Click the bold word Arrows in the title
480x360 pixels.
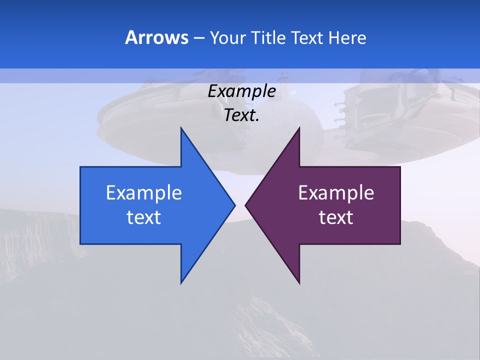click(156, 37)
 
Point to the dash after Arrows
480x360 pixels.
click(198, 38)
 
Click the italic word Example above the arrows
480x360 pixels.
click(241, 91)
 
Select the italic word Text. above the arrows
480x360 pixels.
click(241, 115)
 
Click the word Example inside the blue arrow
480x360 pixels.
click(143, 193)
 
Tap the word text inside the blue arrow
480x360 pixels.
click(143, 217)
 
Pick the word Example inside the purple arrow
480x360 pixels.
click(336, 193)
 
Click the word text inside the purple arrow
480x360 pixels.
click(336, 217)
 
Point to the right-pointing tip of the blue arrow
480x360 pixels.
click(234, 205)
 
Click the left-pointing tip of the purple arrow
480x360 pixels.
click(245, 205)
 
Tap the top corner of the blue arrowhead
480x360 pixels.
click(181, 128)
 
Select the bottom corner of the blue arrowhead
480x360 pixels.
click(181, 283)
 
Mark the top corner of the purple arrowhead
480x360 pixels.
click(299, 128)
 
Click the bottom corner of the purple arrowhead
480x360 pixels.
click(299, 283)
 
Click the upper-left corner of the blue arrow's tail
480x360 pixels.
click(80, 167)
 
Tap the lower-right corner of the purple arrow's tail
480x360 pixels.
click(400, 244)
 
